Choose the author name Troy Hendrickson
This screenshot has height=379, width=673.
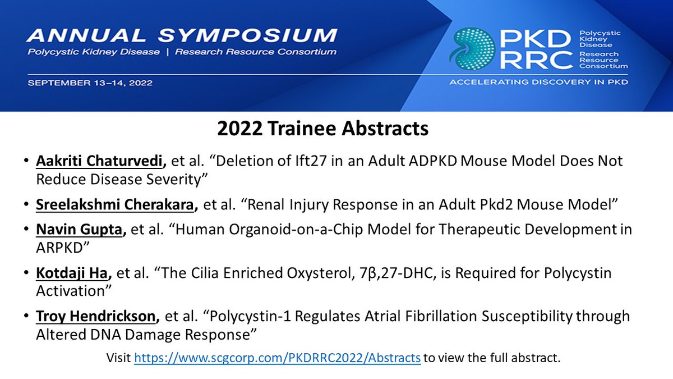coord(95,317)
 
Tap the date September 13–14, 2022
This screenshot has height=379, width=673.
coord(89,83)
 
